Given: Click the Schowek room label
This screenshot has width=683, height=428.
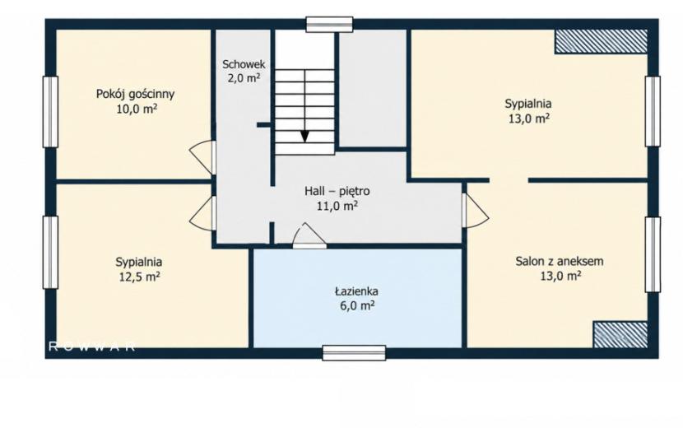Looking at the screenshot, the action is [x=244, y=64].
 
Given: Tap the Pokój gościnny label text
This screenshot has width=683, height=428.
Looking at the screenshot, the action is [x=135, y=94].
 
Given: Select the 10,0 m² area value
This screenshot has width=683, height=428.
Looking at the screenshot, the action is [x=137, y=109].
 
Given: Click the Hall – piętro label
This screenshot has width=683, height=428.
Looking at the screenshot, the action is [x=337, y=191].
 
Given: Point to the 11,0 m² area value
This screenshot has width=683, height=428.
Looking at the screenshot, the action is [x=337, y=206].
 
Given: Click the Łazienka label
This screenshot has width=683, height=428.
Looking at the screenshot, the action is [x=356, y=291].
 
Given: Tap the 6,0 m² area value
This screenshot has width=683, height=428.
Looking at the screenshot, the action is [x=357, y=305].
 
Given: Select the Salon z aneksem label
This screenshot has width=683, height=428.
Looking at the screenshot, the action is [x=560, y=262].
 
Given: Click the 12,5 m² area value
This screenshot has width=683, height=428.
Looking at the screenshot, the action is [x=139, y=277].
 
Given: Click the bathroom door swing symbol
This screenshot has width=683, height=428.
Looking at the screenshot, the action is [x=309, y=235].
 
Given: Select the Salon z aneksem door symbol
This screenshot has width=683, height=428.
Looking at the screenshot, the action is [x=475, y=211].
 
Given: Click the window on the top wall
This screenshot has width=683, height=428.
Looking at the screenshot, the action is [x=329, y=25].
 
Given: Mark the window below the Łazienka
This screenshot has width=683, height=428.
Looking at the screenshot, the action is [x=354, y=352].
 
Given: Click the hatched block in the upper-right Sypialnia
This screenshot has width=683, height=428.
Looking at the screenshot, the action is [x=601, y=41].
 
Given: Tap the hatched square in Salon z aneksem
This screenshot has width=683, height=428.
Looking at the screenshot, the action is [x=620, y=335].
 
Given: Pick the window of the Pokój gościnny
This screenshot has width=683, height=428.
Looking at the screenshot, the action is [x=50, y=112].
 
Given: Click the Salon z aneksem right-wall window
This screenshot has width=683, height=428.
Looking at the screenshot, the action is [x=653, y=254].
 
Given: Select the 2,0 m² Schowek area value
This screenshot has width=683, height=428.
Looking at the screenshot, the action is [x=244, y=78].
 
